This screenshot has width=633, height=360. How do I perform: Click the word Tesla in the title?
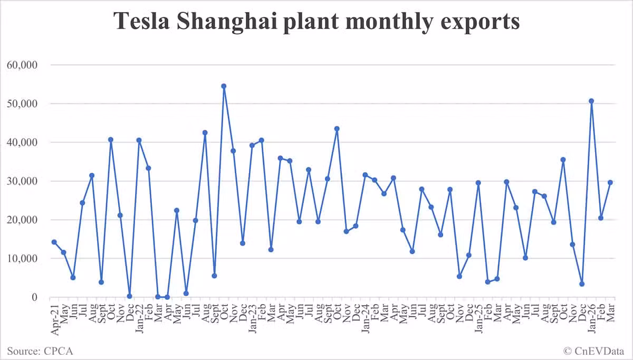(141, 21)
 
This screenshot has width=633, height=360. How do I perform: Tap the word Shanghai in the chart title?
(227, 23)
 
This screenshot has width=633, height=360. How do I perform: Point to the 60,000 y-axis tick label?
(22, 65)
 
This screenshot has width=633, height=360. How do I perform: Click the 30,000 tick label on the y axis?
(22, 181)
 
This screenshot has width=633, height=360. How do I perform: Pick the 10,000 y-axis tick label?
(22, 259)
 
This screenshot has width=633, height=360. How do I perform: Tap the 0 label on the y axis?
(34, 297)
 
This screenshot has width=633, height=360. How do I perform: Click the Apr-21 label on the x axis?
(54, 320)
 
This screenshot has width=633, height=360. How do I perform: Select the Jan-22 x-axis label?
(139, 319)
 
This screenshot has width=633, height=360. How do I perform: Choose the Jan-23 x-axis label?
(252, 319)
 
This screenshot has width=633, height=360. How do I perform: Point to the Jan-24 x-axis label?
(366, 319)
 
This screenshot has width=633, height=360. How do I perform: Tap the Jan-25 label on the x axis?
(478, 319)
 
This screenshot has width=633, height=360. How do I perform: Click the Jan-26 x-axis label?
(591, 319)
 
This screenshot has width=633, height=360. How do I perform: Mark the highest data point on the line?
(224, 86)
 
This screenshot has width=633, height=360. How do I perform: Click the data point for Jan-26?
(591, 101)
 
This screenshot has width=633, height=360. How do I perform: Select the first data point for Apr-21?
(54, 242)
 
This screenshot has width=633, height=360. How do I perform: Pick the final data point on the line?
(610, 183)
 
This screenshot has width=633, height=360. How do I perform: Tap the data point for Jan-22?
(139, 140)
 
